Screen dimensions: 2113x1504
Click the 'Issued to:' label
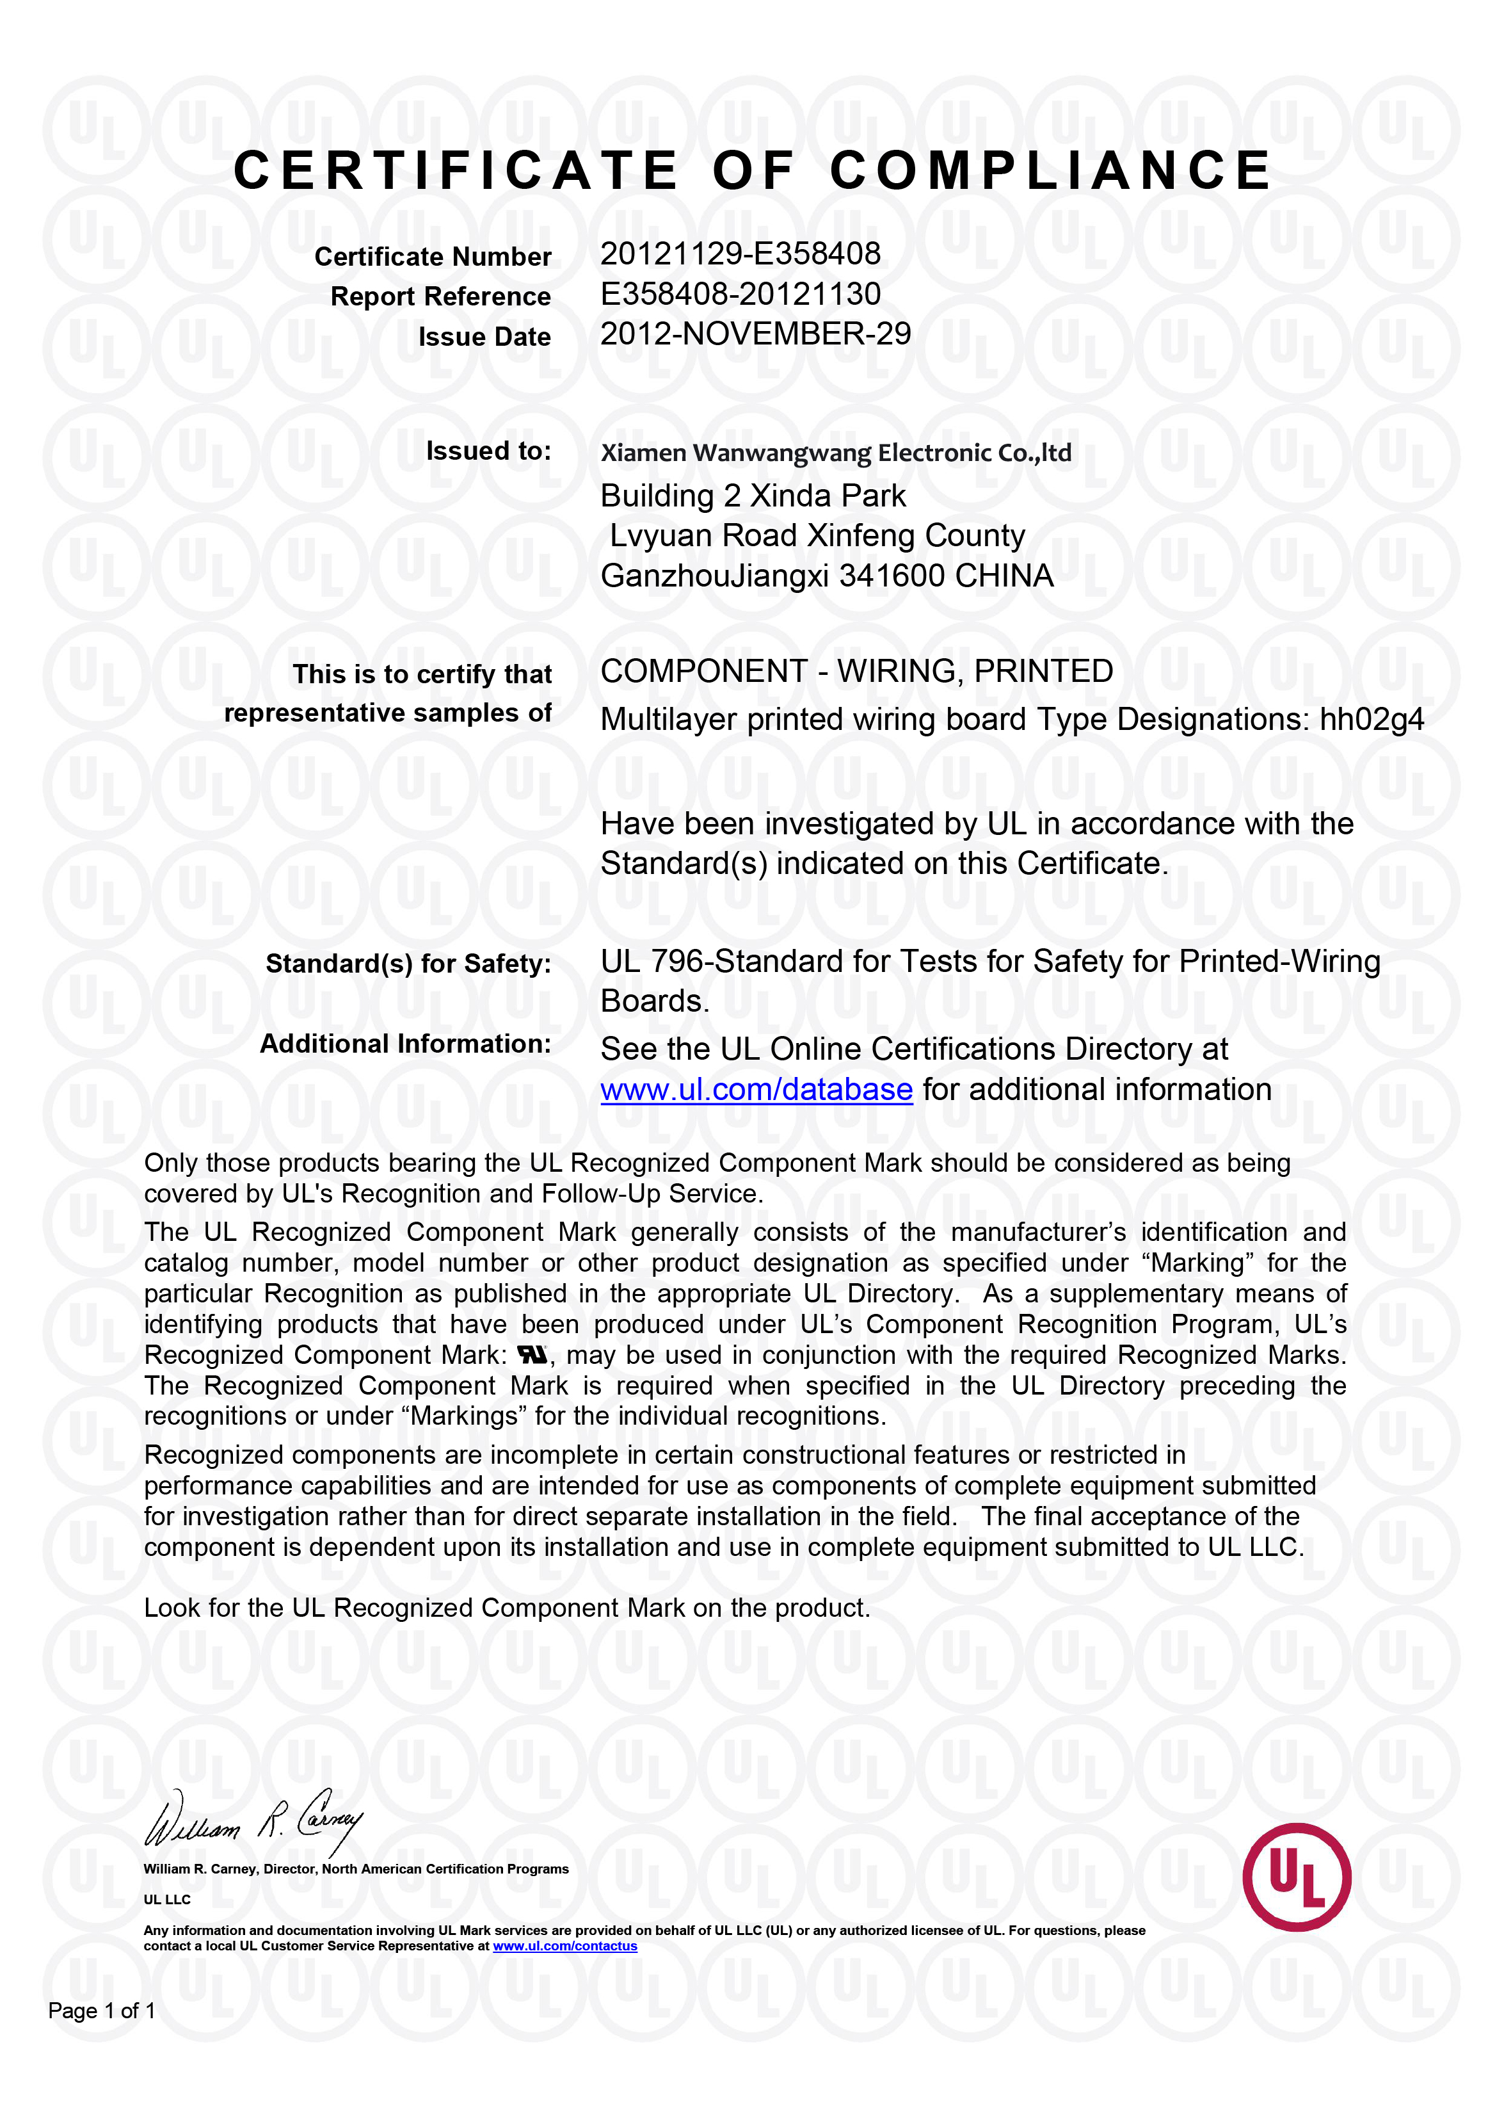point(488,451)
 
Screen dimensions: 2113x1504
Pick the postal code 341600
point(893,576)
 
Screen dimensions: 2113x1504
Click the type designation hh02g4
point(1371,720)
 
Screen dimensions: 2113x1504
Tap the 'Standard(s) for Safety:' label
point(408,964)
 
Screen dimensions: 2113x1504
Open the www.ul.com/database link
point(756,1090)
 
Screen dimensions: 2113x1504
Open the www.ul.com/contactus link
point(565,1947)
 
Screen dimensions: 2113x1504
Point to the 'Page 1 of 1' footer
point(102,2011)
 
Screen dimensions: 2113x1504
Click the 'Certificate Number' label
point(433,257)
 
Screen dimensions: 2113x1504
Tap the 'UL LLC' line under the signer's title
point(166,1900)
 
